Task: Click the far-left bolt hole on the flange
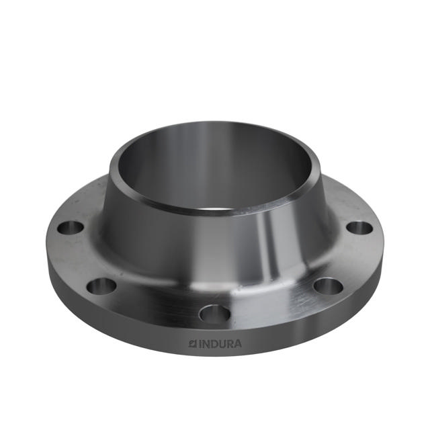coord(70,227)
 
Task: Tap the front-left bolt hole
coord(101,286)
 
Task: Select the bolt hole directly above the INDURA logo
coord(214,313)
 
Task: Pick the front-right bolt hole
coord(328,286)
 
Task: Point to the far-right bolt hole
coord(359,227)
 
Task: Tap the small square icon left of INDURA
coord(191,343)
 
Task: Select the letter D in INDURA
coord(213,343)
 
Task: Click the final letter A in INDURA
coord(239,343)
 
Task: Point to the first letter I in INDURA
coord(198,343)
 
